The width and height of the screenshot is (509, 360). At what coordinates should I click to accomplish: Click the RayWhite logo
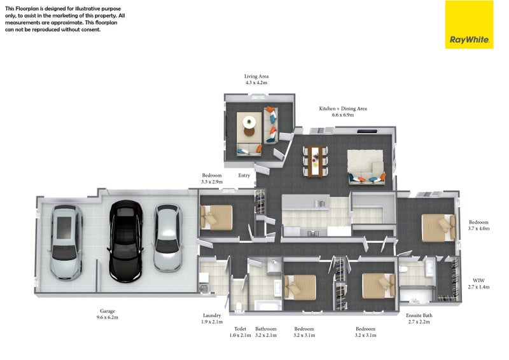click(x=469, y=25)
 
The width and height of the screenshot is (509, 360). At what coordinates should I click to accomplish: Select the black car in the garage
click(x=125, y=241)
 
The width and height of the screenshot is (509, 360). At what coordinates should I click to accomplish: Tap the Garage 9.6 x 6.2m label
click(x=108, y=314)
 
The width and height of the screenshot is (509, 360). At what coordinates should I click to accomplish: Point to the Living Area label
click(x=256, y=76)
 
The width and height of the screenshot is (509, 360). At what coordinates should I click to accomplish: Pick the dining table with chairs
click(x=315, y=162)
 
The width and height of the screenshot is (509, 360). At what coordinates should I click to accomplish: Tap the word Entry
click(x=244, y=176)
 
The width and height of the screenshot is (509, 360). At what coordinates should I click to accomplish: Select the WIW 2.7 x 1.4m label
click(x=478, y=284)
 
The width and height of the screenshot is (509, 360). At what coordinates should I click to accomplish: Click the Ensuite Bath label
click(x=419, y=315)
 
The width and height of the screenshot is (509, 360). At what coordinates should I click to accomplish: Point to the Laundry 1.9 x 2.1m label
click(x=212, y=319)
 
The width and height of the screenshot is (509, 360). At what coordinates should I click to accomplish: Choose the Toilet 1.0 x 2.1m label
click(x=241, y=332)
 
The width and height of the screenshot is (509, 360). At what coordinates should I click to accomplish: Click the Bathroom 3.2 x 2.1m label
click(x=266, y=332)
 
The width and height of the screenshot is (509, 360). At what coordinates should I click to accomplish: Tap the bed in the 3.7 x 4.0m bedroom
click(x=438, y=228)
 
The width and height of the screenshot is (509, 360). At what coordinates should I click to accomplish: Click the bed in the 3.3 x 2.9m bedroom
click(x=216, y=217)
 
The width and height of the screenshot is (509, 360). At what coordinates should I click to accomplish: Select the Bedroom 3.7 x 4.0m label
click(x=478, y=225)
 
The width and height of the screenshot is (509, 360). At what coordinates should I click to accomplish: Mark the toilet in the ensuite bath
click(x=403, y=269)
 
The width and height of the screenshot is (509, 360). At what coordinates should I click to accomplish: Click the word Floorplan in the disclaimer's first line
click(x=27, y=8)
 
